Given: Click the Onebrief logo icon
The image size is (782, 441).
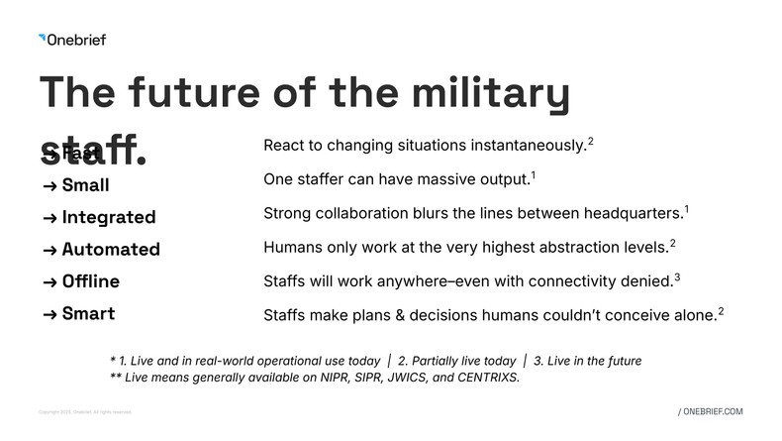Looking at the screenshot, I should [x=42, y=39].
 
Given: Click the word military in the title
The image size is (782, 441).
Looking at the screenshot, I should [x=482, y=92].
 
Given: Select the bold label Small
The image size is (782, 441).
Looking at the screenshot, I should [x=85, y=185].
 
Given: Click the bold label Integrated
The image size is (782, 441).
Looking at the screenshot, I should [x=109, y=217].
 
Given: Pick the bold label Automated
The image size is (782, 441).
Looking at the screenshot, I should [x=111, y=250].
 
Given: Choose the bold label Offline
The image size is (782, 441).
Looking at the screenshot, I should [x=91, y=281].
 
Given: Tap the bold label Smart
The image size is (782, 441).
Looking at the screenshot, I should [x=88, y=314].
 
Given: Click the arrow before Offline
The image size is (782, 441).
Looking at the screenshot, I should [x=49, y=282].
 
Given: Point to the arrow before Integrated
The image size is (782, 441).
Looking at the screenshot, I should [x=49, y=218].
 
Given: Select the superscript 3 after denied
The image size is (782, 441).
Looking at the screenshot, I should [x=677, y=276].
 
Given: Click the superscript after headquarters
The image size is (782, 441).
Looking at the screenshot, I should [x=687, y=210].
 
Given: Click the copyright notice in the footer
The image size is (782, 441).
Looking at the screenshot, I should [x=84, y=412].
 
